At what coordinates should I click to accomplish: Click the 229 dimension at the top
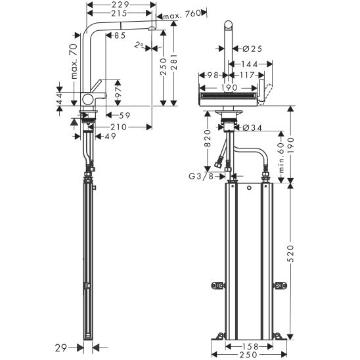click(x=120, y=4)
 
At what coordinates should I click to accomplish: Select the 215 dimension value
click(x=119, y=13)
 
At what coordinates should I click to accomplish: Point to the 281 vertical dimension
click(x=174, y=62)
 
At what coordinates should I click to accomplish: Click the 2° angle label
click(x=139, y=45)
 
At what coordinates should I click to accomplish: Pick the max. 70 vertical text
click(x=74, y=62)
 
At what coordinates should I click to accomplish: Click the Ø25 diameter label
click(x=252, y=49)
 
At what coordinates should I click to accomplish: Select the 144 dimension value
click(x=250, y=64)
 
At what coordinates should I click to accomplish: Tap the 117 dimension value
click(x=246, y=75)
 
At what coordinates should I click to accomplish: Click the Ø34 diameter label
click(x=252, y=127)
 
